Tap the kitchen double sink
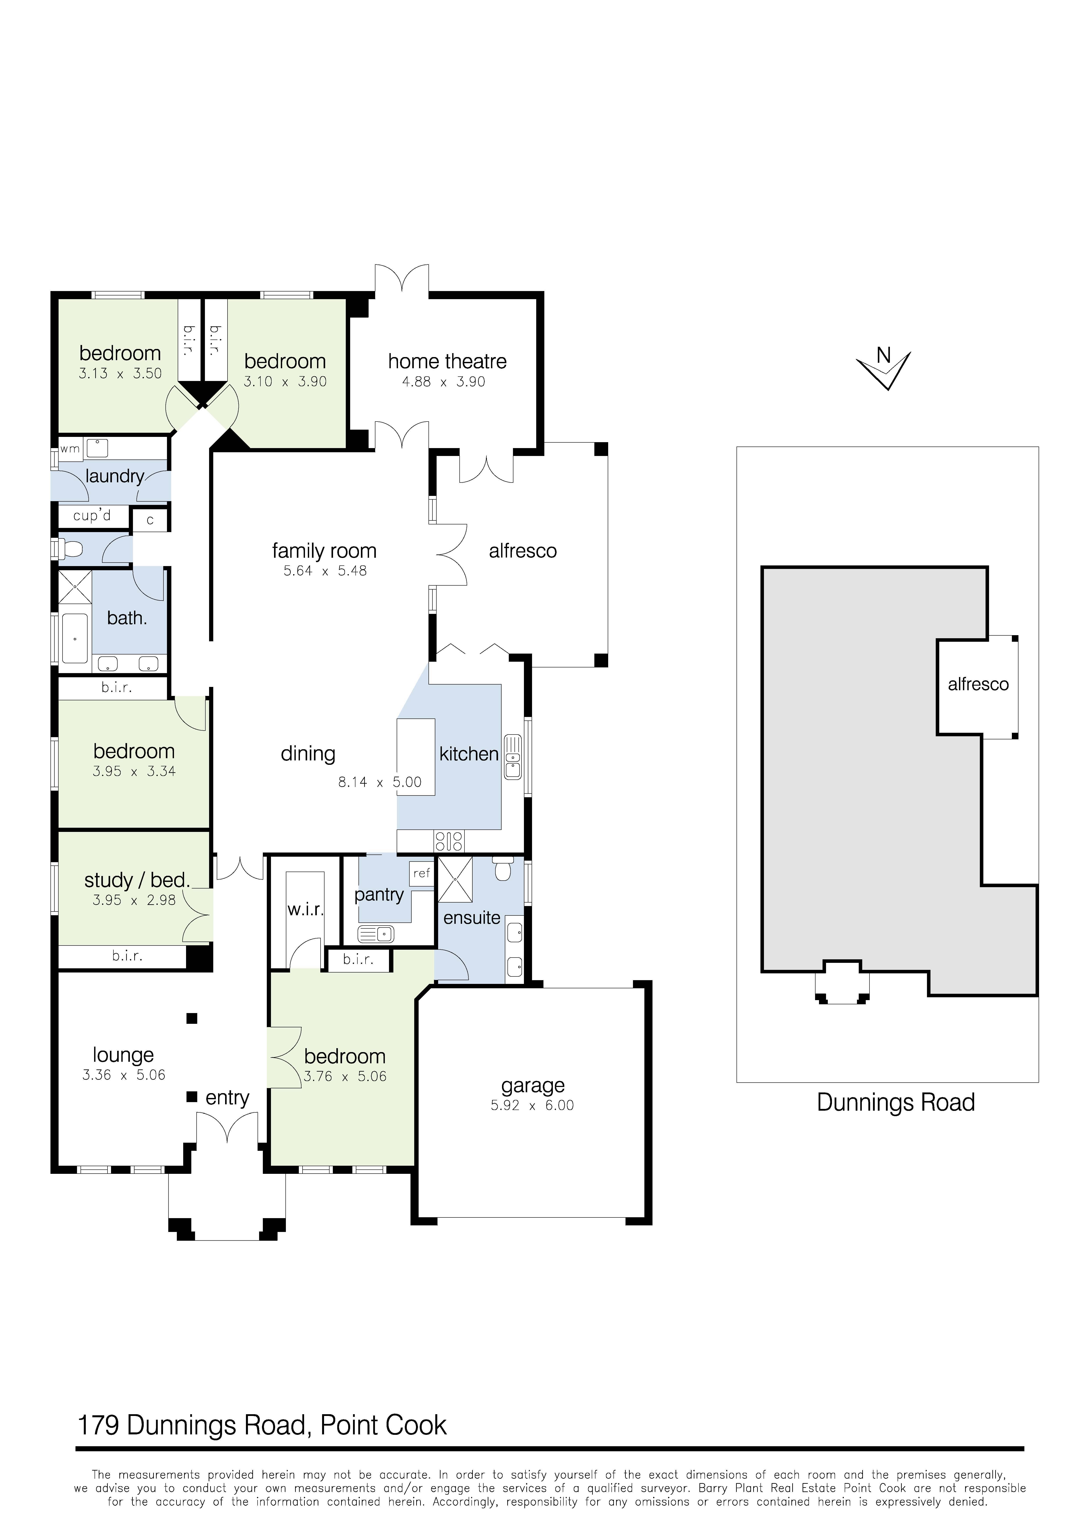[513, 757]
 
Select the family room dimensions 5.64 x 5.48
[325, 571]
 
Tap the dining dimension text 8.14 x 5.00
[379, 782]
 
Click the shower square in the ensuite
[455, 879]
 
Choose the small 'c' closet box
[150, 520]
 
